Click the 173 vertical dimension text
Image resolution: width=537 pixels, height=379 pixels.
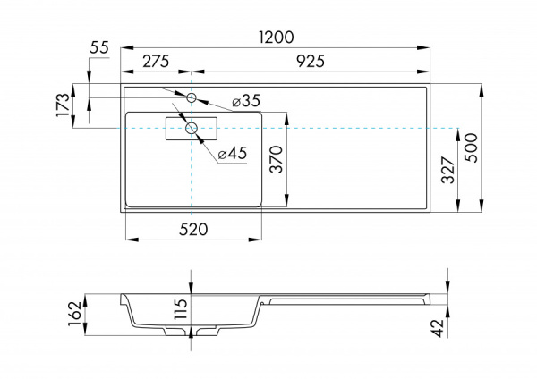[x=63, y=105]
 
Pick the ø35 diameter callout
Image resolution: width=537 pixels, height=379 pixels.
[x=245, y=102]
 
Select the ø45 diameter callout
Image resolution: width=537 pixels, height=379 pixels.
[x=232, y=154]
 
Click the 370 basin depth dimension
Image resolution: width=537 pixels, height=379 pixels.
[x=277, y=160]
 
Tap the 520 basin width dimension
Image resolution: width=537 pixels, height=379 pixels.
[x=193, y=229]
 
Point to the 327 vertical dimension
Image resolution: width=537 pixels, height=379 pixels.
[x=447, y=169]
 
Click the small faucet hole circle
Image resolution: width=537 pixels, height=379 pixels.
[x=192, y=97]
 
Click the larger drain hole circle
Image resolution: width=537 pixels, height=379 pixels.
[x=192, y=129]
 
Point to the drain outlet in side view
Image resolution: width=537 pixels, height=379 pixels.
[x=192, y=332]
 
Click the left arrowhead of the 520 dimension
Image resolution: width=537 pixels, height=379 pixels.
[x=129, y=240]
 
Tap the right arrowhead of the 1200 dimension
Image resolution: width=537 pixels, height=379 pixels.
[x=428, y=47]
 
